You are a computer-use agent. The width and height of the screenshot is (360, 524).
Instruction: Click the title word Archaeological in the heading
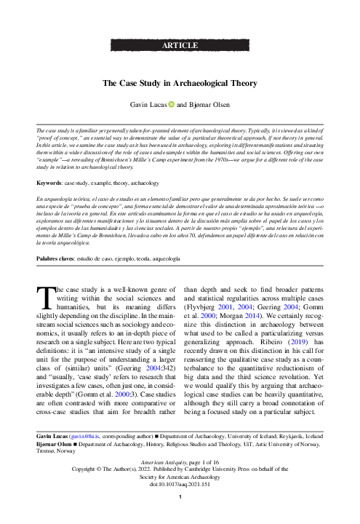pyautogui.click(x=192, y=83)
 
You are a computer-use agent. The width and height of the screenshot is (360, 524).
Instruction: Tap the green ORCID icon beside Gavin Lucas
pyautogui.click(x=172, y=104)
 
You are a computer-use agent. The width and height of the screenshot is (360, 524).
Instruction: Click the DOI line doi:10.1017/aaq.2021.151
pyautogui.click(x=180, y=485)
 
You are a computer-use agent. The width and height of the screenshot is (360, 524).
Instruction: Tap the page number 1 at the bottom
pyautogui.click(x=180, y=498)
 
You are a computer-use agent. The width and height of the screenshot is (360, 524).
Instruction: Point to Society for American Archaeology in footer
pyautogui.click(x=180, y=477)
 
